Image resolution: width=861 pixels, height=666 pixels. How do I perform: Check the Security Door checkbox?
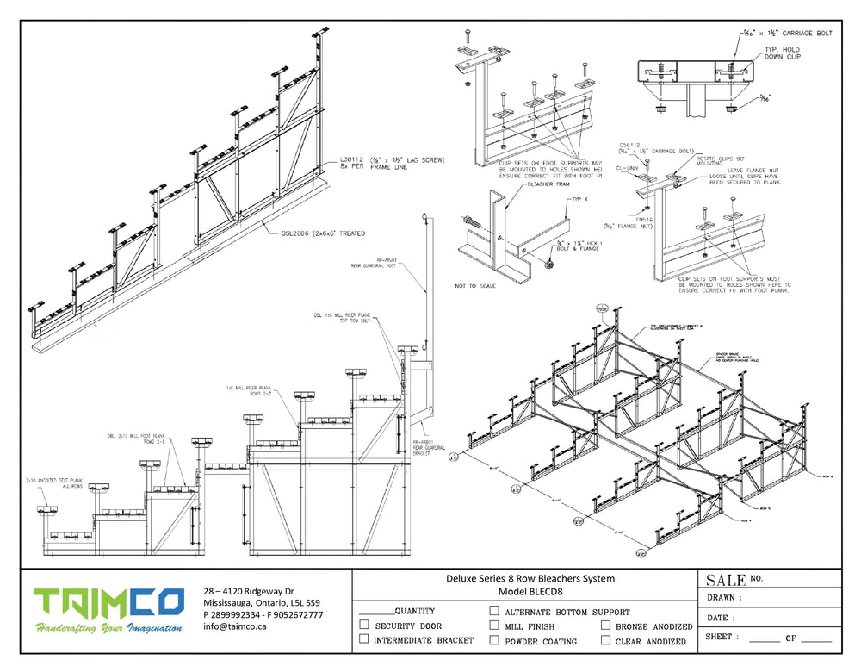coord(364,625)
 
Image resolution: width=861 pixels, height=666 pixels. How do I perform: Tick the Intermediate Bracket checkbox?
coord(364,639)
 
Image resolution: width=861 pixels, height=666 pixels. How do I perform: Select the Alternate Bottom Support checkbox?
coord(494,611)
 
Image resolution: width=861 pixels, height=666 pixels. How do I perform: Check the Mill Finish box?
coord(494,626)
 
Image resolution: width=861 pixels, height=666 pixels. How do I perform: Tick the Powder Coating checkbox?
coord(494,640)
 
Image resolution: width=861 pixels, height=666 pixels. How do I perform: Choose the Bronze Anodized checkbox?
coord(606,626)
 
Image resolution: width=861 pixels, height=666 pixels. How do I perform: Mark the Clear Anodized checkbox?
coord(606,640)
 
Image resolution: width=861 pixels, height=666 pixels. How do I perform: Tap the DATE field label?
coord(721,618)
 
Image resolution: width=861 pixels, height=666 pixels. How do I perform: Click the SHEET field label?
coord(722,638)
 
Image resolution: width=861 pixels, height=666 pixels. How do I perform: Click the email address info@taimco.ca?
coord(235,627)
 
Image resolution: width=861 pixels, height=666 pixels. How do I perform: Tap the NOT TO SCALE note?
coord(477,285)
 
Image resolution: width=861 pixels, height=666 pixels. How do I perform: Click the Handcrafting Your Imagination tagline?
coord(108,628)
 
